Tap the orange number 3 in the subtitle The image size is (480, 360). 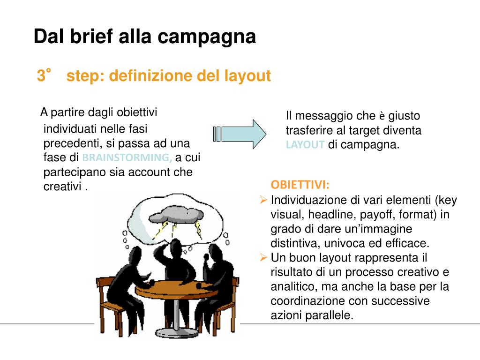click(x=41, y=76)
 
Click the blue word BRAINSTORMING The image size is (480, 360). click(x=127, y=157)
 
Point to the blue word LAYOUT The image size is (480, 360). click(x=305, y=145)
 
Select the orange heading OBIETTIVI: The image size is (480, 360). click(x=300, y=184)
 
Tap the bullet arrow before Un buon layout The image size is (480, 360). click(x=263, y=257)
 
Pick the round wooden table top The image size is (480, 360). click(x=176, y=287)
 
